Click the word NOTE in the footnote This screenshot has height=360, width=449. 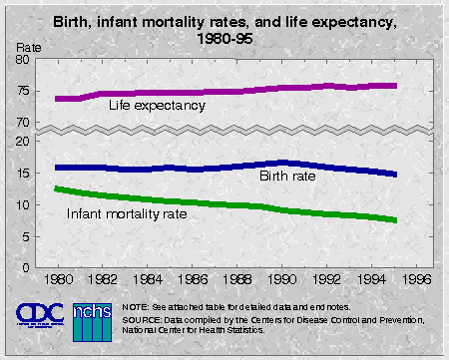coord(137,305)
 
